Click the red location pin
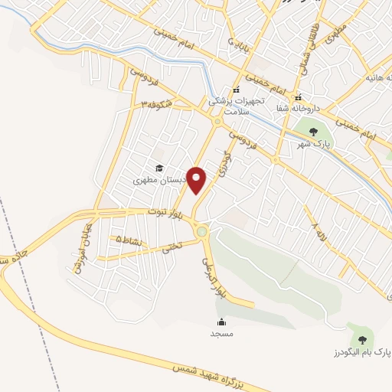[198, 179]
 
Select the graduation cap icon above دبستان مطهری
[159, 168]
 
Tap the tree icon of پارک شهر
[312, 132]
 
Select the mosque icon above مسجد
[221, 322]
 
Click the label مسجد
[221, 335]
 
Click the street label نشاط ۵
[122, 240]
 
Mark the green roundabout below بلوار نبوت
[201, 230]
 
